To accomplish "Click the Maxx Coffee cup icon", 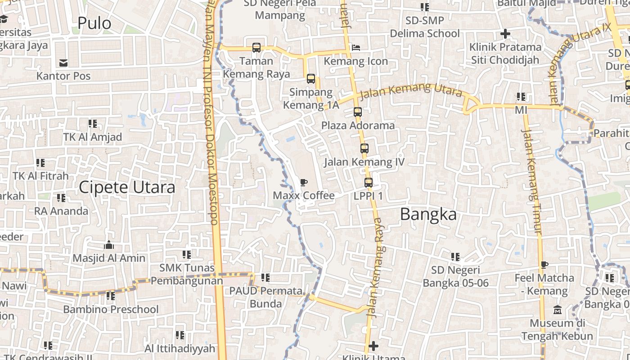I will pyautogui.click(x=304, y=183).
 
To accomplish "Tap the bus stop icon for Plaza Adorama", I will pyautogui.click(x=358, y=112).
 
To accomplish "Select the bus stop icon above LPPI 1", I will pyautogui.click(x=369, y=183).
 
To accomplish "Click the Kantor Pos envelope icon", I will pyautogui.click(x=63, y=63).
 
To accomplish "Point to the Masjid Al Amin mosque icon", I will pyautogui.click(x=109, y=245).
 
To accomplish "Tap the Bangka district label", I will pyautogui.click(x=428, y=215).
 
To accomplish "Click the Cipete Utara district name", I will pyautogui.click(x=127, y=187).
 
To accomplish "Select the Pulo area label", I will pyautogui.click(x=94, y=23).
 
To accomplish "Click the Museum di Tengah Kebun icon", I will pyautogui.click(x=558, y=310).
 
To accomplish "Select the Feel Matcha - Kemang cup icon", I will pyautogui.click(x=544, y=265).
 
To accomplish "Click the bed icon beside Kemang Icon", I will pyautogui.click(x=356, y=47).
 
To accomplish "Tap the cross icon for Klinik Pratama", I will pyautogui.click(x=505, y=34).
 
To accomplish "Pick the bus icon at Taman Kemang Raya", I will pyautogui.click(x=256, y=47).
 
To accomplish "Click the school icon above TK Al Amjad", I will pyautogui.click(x=93, y=124).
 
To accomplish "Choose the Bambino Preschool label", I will pyautogui.click(x=111, y=310).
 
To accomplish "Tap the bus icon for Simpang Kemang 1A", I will pyautogui.click(x=311, y=79).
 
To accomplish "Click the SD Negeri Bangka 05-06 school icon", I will pyautogui.click(x=455, y=257).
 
